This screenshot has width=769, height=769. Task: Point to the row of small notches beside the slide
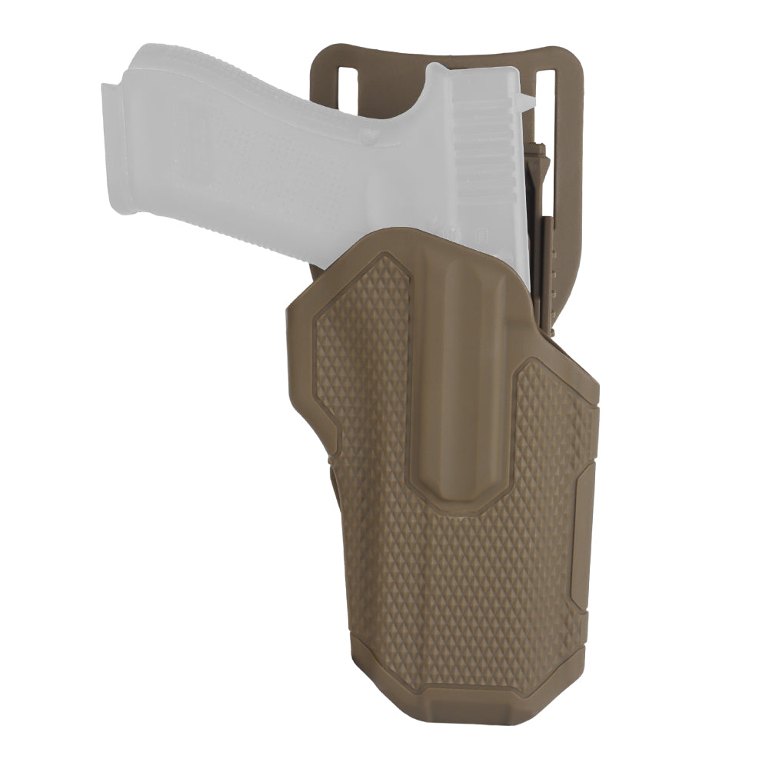tap(551, 269)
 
